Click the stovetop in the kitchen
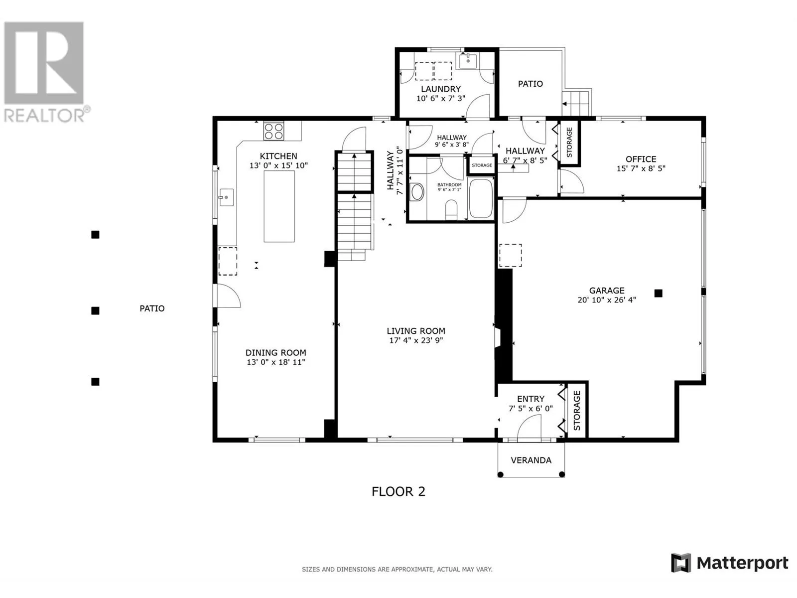click(273, 131)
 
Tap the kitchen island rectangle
click(279, 206)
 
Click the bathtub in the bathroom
click(480, 198)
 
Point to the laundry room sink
click(468, 61)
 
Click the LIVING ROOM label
click(416, 331)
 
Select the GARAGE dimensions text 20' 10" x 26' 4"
click(607, 300)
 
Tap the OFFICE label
click(641, 159)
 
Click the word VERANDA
click(531, 460)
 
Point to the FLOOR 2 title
click(398, 492)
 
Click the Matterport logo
click(729, 563)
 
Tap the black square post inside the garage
click(659, 293)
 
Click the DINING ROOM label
click(275, 352)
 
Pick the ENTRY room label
click(531, 399)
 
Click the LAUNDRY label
click(441, 89)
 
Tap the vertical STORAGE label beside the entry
click(577, 411)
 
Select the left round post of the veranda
click(500, 474)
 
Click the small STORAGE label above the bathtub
click(482, 165)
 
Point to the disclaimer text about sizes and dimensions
click(397, 569)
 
